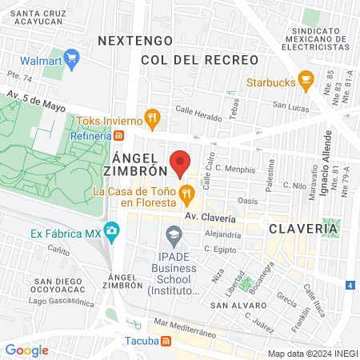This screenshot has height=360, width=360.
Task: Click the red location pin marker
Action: [x=180, y=163]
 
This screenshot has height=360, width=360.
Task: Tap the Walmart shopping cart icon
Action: [x=71, y=57]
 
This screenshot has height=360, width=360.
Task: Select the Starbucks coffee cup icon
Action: [x=305, y=79]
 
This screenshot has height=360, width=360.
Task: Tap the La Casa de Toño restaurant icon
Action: [x=186, y=192]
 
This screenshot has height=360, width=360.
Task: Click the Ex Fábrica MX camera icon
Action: [x=111, y=233]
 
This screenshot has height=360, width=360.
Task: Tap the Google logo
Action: [x=26, y=350]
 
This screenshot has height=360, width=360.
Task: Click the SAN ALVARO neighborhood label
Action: [x=238, y=306]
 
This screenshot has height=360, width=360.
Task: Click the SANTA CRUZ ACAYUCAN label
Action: [x=46, y=18]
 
